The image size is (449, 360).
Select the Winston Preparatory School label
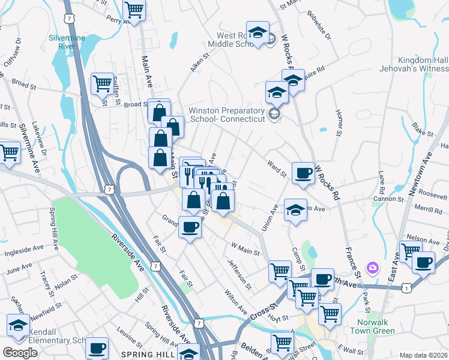(227, 115)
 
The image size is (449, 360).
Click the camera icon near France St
(373, 266)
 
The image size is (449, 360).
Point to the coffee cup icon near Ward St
(303, 173)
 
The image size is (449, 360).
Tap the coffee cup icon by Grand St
(190, 227)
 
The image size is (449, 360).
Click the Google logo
(19, 353)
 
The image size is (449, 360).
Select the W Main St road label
(245, 248)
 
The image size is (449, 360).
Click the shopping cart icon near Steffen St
(102, 83)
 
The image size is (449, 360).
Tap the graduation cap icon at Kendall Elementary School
(18, 325)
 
